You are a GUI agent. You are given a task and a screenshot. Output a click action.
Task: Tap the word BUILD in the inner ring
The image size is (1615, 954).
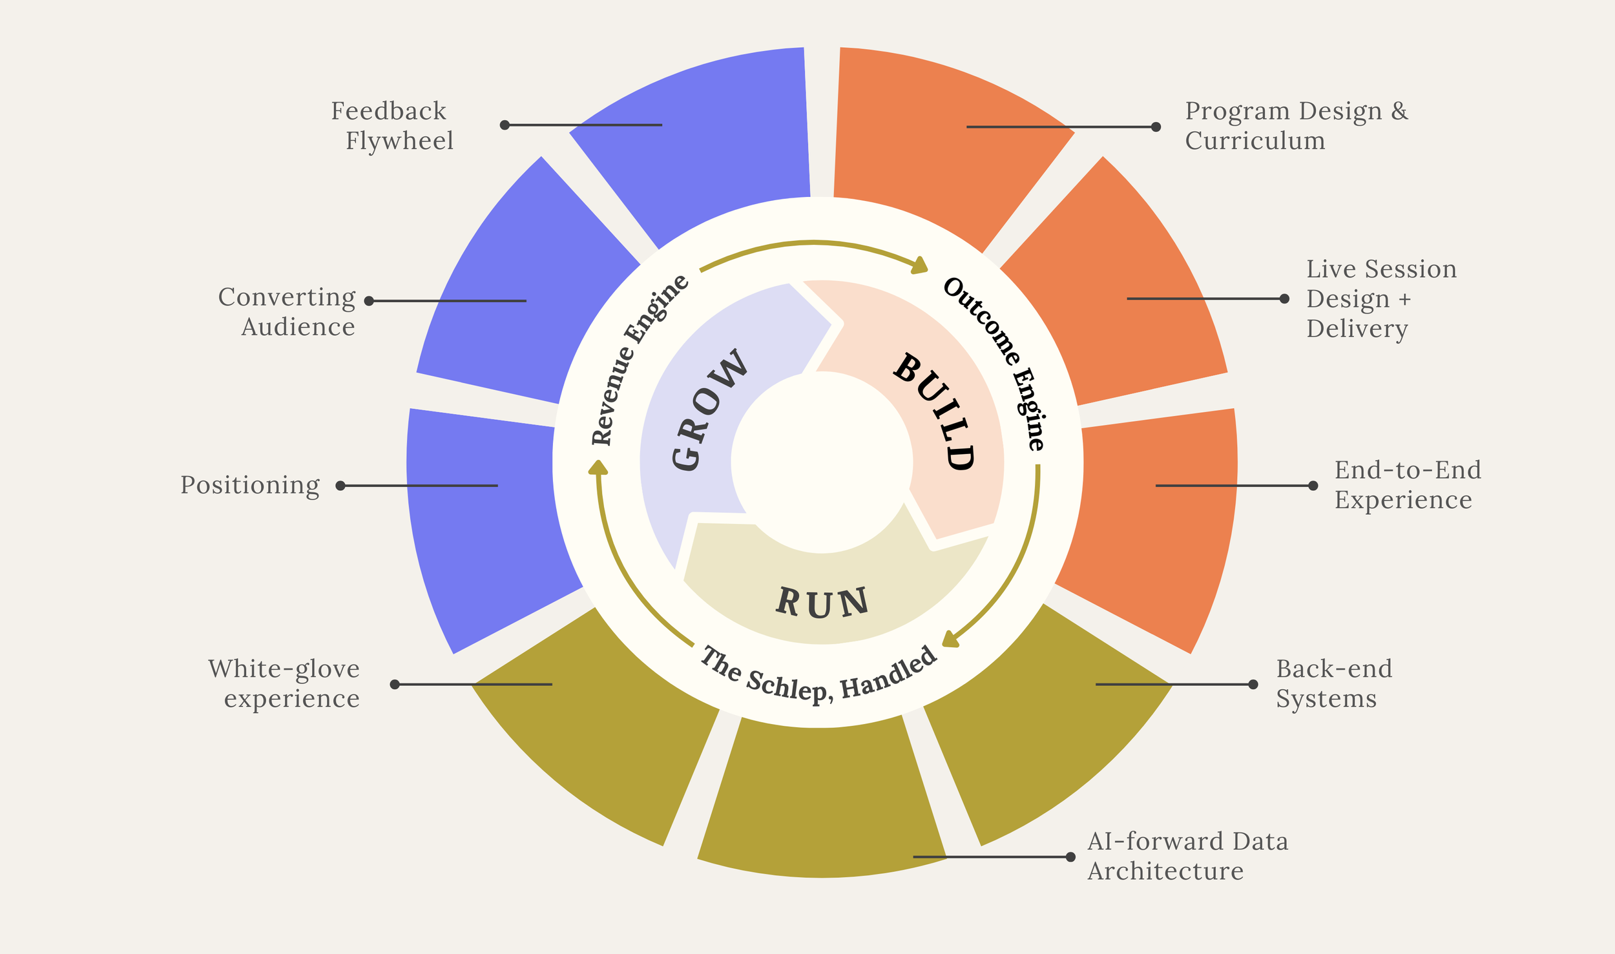(x=935, y=411)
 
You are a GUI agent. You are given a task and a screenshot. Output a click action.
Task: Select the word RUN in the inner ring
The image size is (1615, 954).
(x=822, y=602)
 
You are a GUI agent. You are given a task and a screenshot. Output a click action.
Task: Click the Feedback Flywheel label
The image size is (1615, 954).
(x=393, y=126)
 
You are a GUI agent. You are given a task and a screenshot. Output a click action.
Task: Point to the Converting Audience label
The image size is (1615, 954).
(x=288, y=312)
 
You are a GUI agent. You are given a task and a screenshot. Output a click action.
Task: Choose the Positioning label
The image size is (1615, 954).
(x=250, y=485)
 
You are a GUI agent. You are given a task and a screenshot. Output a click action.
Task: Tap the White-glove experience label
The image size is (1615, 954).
(x=284, y=683)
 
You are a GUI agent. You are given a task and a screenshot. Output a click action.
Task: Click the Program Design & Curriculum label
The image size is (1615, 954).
(x=1296, y=126)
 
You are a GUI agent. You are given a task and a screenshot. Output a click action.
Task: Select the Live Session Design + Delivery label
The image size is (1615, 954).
(x=1381, y=298)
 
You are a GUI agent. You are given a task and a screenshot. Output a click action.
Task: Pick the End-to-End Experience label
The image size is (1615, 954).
(x=1408, y=485)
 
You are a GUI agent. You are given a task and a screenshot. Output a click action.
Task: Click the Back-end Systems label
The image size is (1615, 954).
(x=1334, y=683)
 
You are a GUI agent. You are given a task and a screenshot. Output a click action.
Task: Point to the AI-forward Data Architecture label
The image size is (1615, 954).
(x=1187, y=856)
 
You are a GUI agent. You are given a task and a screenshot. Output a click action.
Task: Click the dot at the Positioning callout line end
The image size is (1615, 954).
(x=340, y=486)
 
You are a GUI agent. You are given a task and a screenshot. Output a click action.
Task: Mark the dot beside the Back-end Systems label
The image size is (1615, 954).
(x=1253, y=684)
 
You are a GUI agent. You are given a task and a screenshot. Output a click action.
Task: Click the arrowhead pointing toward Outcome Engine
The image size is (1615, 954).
(x=920, y=265)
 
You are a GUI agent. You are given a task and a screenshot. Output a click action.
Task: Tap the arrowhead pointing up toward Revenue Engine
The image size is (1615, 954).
(x=598, y=467)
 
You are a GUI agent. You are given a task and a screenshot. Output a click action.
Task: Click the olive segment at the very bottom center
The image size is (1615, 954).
(x=820, y=801)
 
